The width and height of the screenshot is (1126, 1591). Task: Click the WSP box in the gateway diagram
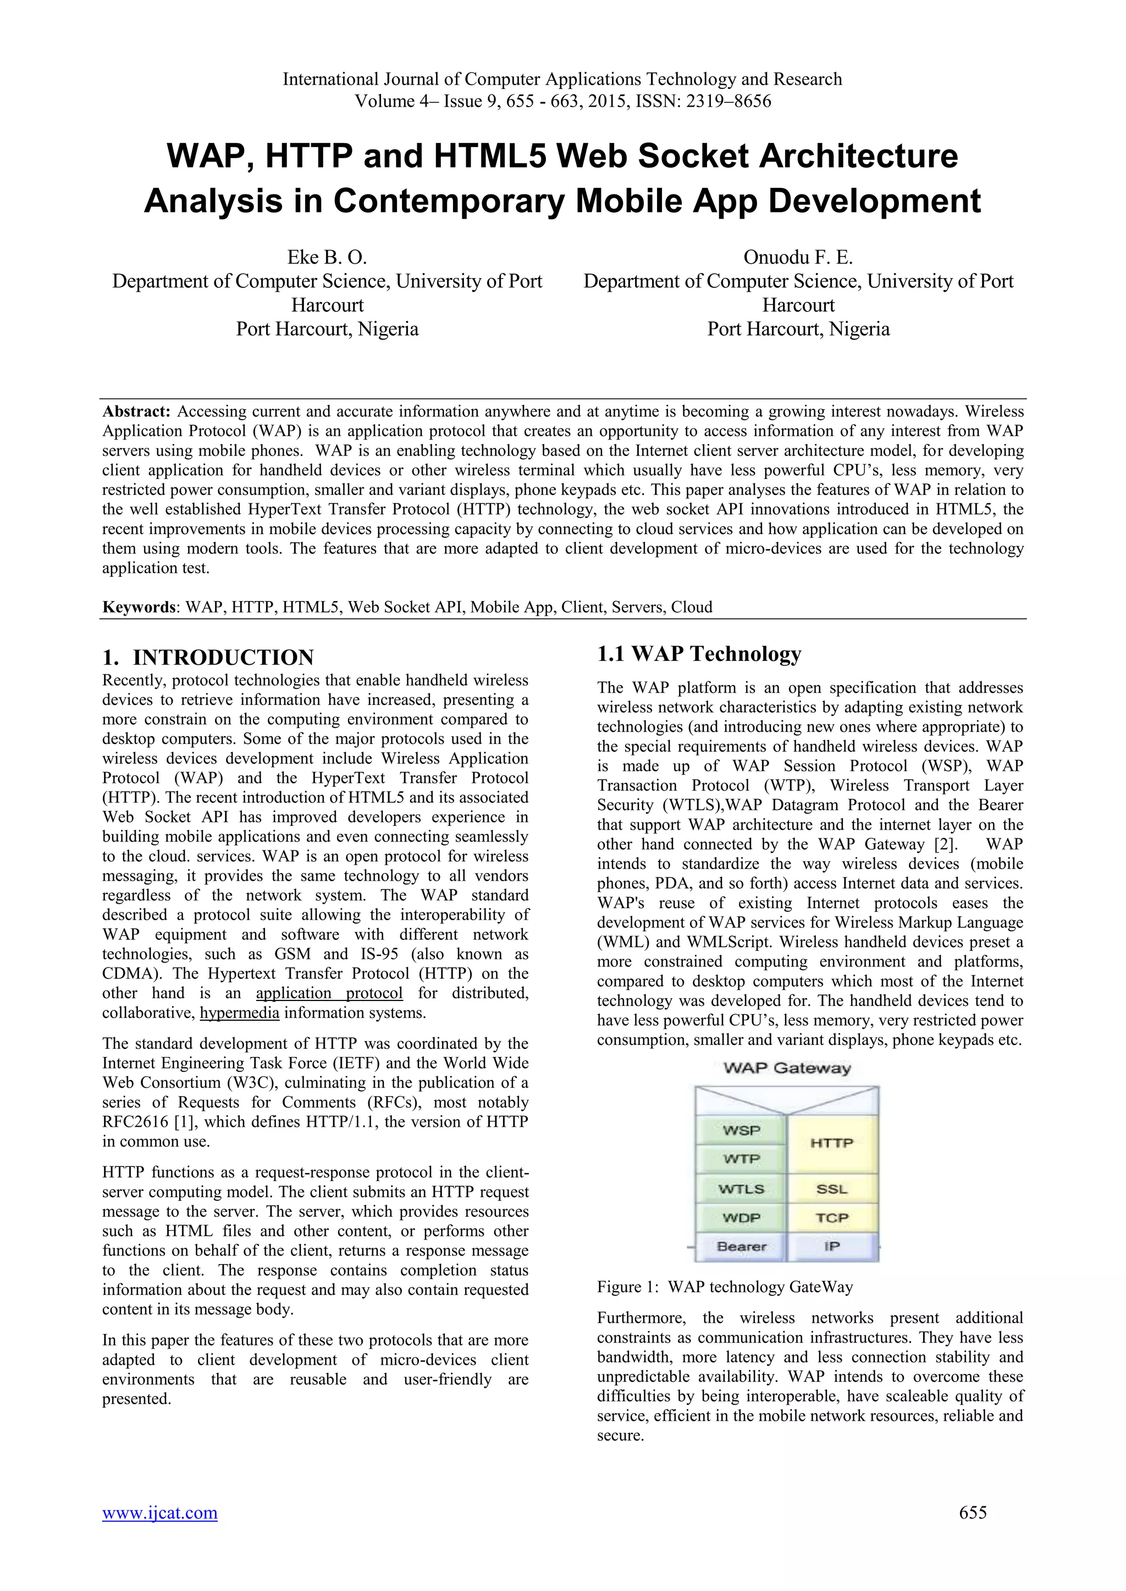pyautogui.click(x=741, y=1130)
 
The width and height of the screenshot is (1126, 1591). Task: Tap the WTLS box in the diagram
pyautogui.click(x=741, y=1189)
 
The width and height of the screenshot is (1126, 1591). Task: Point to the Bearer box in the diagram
pyautogui.click(x=741, y=1247)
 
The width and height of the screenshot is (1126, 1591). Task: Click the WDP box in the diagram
pyautogui.click(x=741, y=1217)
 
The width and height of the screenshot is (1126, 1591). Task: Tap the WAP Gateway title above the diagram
pyautogui.click(x=787, y=1068)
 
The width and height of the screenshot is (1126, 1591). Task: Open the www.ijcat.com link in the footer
pyautogui.click(x=159, y=1532)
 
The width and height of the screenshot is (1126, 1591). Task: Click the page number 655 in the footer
pyautogui.click(x=973, y=1532)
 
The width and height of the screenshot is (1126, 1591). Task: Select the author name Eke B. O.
pyautogui.click(x=327, y=258)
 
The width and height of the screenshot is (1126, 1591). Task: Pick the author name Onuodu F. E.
pyautogui.click(x=798, y=258)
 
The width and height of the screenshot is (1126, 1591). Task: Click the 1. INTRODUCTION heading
pyautogui.click(x=208, y=657)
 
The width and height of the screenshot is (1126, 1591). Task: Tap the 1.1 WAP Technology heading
pyautogui.click(x=699, y=653)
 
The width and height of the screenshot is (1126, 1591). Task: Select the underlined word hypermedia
pyautogui.click(x=239, y=1013)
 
